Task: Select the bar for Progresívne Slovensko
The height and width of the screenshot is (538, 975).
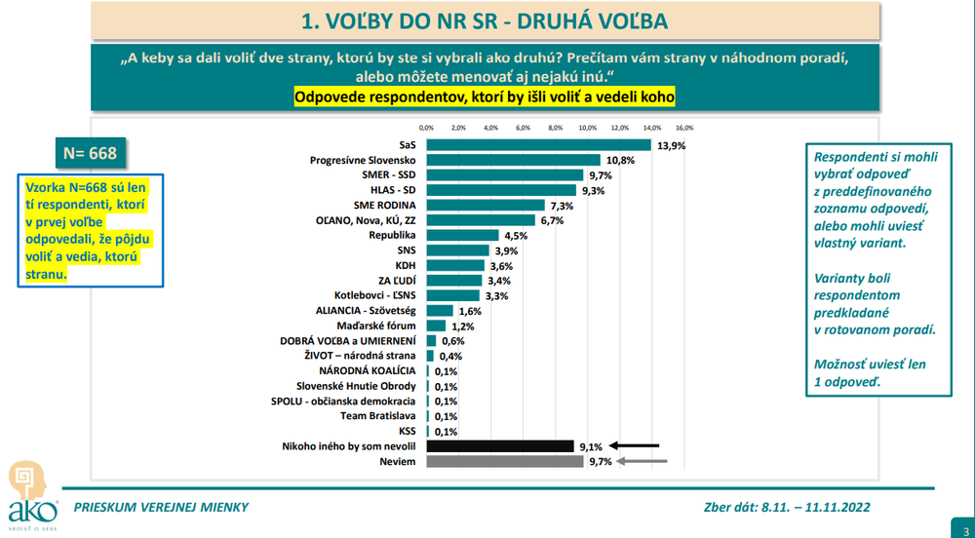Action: (513, 160)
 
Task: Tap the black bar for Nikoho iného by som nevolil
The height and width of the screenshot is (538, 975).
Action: (499, 446)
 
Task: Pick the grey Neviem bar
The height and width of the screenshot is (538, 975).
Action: (504, 462)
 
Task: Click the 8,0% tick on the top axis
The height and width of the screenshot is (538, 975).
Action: (555, 128)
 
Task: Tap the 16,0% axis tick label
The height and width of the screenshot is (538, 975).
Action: (683, 128)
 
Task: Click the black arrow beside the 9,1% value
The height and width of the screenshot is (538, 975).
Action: (641, 446)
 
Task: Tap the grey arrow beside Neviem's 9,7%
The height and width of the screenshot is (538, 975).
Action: (641, 462)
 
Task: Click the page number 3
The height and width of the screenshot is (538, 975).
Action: (959, 526)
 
